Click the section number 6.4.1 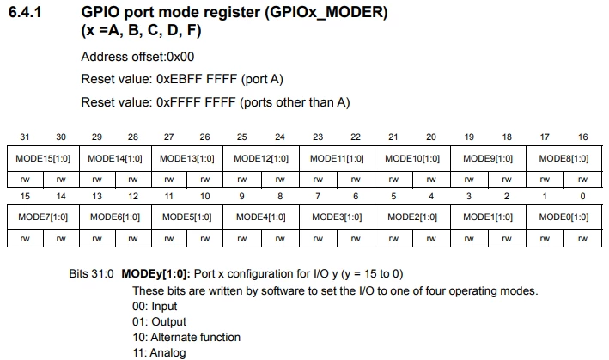point(25,12)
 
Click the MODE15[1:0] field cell point(43,158)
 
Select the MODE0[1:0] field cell point(563,217)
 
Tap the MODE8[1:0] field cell point(563,158)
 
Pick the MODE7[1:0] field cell point(43,217)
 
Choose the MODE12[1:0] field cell point(261,158)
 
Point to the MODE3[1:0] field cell point(337,217)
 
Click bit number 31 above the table point(24,137)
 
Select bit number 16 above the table point(582,137)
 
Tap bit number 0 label point(582,197)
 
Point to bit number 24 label point(280,137)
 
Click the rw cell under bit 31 point(25,180)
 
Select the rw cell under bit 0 point(582,239)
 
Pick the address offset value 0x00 point(180,57)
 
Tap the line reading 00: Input point(155,307)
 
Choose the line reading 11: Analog point(159,352)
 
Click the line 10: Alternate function point(186,337)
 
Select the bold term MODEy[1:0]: point(155,274)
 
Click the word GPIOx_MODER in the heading point(326,12)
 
